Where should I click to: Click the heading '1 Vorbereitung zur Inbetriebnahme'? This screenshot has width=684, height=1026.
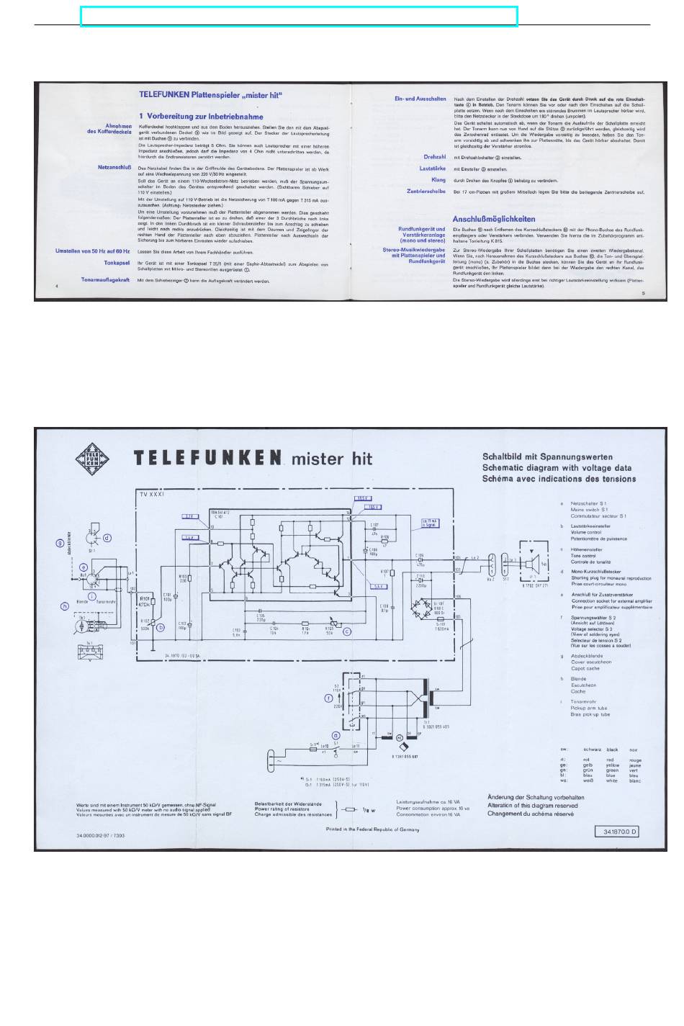click(201, 117)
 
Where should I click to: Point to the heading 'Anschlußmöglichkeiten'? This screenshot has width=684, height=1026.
click(493, 219)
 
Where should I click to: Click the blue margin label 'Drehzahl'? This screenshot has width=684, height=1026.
click(435, 157)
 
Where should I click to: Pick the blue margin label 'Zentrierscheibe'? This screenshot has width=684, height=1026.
click(426, 192)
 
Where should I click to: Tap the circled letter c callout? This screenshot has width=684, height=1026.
click(347, 631)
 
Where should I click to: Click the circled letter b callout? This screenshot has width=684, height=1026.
click(161, 627)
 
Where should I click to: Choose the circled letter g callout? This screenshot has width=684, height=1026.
click(60, 543)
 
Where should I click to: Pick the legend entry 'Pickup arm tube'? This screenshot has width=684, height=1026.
click(588, 708)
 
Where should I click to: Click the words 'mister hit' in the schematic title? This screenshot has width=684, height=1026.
click(330, 459)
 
